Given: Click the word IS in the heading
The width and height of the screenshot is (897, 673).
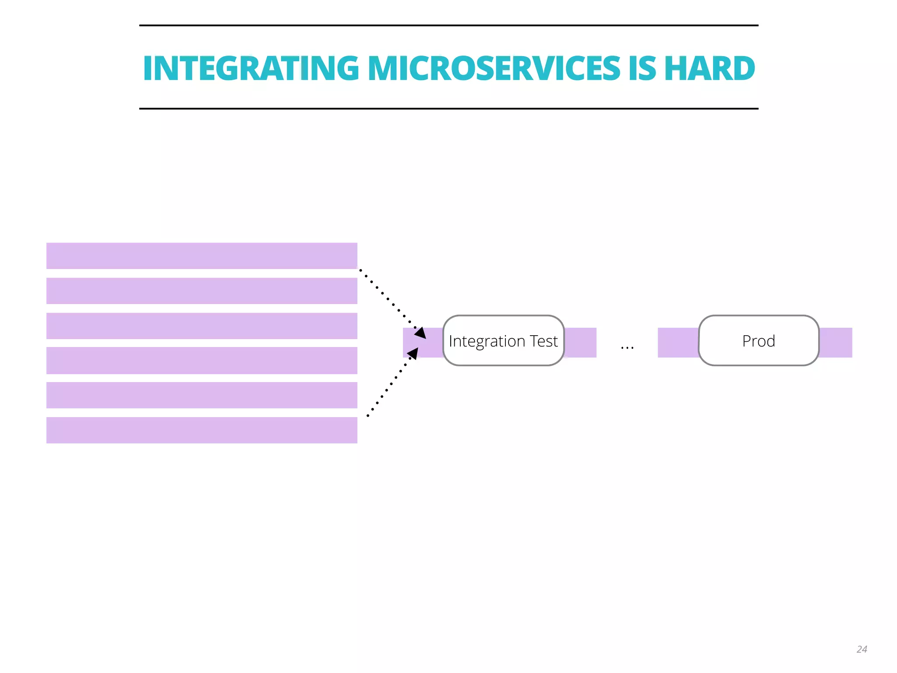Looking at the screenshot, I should [642, 68].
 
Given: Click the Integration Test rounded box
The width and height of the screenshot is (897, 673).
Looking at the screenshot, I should [503, 340].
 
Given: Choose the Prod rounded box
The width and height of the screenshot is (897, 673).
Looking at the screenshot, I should [758, 340].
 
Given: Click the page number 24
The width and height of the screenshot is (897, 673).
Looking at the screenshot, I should [862, 649].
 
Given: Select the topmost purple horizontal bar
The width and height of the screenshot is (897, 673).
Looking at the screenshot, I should [201, 256].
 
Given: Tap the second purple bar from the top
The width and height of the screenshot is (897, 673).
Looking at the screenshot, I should [201, 291].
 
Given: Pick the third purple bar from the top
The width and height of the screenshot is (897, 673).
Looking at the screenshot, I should [201, 326].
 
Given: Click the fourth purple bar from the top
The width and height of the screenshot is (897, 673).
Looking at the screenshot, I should [201, 361].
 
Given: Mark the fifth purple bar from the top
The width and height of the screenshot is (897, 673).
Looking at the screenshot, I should [201, 395].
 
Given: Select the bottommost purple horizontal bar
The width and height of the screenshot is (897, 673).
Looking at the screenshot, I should [201, 430].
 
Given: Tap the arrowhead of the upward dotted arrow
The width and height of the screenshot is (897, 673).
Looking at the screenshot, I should [413, 353].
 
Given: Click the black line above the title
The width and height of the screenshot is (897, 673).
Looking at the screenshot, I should [448, 25].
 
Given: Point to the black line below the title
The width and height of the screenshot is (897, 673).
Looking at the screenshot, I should [448, 108].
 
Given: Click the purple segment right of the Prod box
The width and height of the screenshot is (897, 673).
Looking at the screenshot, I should [836, 343].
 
